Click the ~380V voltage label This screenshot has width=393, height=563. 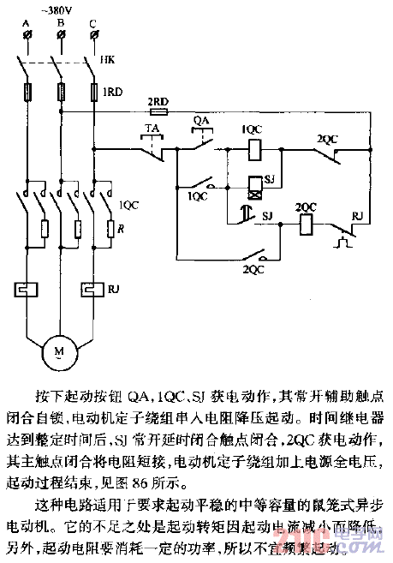click(62, 9)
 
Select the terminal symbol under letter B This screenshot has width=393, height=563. click(61, 34)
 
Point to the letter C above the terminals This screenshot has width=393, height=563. click(92, 23)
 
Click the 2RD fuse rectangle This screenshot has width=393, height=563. click(158, 111)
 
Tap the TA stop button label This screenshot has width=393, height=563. click(152, 129)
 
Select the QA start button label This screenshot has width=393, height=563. click(202, 121)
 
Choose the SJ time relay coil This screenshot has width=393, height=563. click(253, 183)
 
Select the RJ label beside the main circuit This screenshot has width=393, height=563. click(114, 290)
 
